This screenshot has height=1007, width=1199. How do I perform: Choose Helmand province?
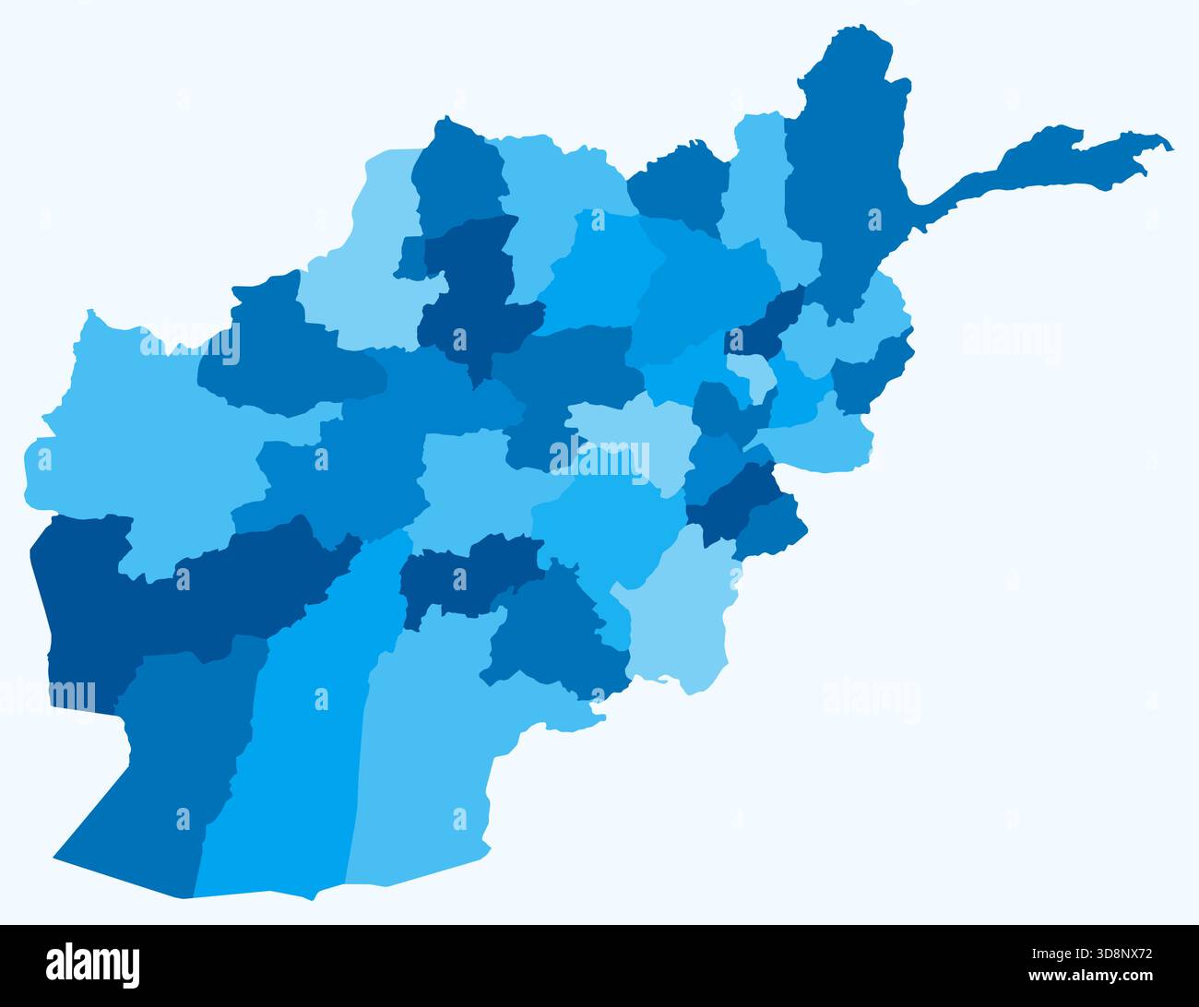295,738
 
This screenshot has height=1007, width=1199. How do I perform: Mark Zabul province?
553,636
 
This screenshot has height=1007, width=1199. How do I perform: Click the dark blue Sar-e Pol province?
470,295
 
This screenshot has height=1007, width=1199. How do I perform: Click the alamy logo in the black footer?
93,966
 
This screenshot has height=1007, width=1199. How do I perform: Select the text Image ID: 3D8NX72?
1089,956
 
